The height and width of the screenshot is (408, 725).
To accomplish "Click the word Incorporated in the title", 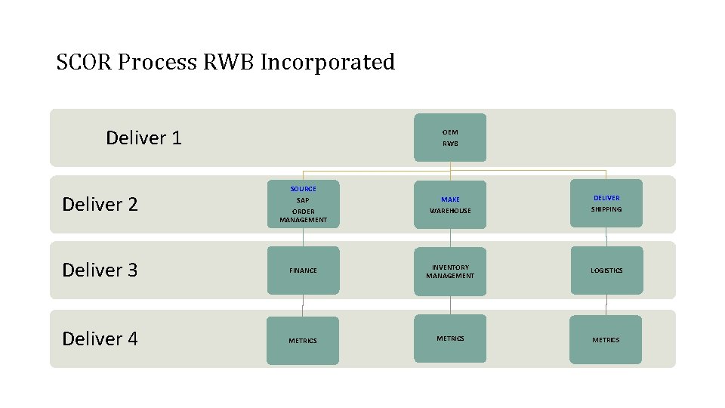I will pyautogui.click(x=327, y=62).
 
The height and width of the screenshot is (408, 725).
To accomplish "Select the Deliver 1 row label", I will pyautogui.click(x=143, y=138).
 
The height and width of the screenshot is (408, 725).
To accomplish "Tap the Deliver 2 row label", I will pyautogui.click(x=100, y=205).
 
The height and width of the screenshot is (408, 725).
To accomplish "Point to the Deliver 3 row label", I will pyautogui.click(x=100, y=270).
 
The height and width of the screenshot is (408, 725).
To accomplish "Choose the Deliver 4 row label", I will pyautogui.click(x=100, y=339).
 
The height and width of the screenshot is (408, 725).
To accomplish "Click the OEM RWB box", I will pyautogui.click(x=450, y=138).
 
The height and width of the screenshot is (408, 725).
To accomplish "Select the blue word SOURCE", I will pyautogui.click(x=303, y=188).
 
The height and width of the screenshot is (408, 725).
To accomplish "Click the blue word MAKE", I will pyautogui.click(x=450, y=199).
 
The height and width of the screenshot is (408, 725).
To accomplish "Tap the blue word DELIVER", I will pyautogui.click(x=606, y=198).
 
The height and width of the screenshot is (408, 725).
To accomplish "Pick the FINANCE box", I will pyautogui.click(x=303, y=270).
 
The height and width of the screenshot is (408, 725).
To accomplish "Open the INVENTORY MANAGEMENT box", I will pyautogui.click(x=450, y=271).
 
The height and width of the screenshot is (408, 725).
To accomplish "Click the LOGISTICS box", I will pyautogui.click(x=606, y=270).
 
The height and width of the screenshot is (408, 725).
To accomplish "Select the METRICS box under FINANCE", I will pyautogui.click(x=303, y=341).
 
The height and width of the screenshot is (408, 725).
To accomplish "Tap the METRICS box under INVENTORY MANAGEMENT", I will pyautogui.click(x=450, y=338).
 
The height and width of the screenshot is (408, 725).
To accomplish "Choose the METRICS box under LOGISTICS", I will pyautogui.click(x=606, y=340).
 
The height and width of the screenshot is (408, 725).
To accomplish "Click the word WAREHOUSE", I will pyautogui.click(x=450, y=211).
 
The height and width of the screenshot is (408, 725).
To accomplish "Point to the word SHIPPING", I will pyautogui.click(x=606, y=209).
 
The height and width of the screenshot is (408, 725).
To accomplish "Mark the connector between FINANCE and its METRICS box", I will pyautogui.click(x=303, y=305).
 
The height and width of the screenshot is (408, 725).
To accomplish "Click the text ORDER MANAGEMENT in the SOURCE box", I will pyautogui.click(x=303, y=215).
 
